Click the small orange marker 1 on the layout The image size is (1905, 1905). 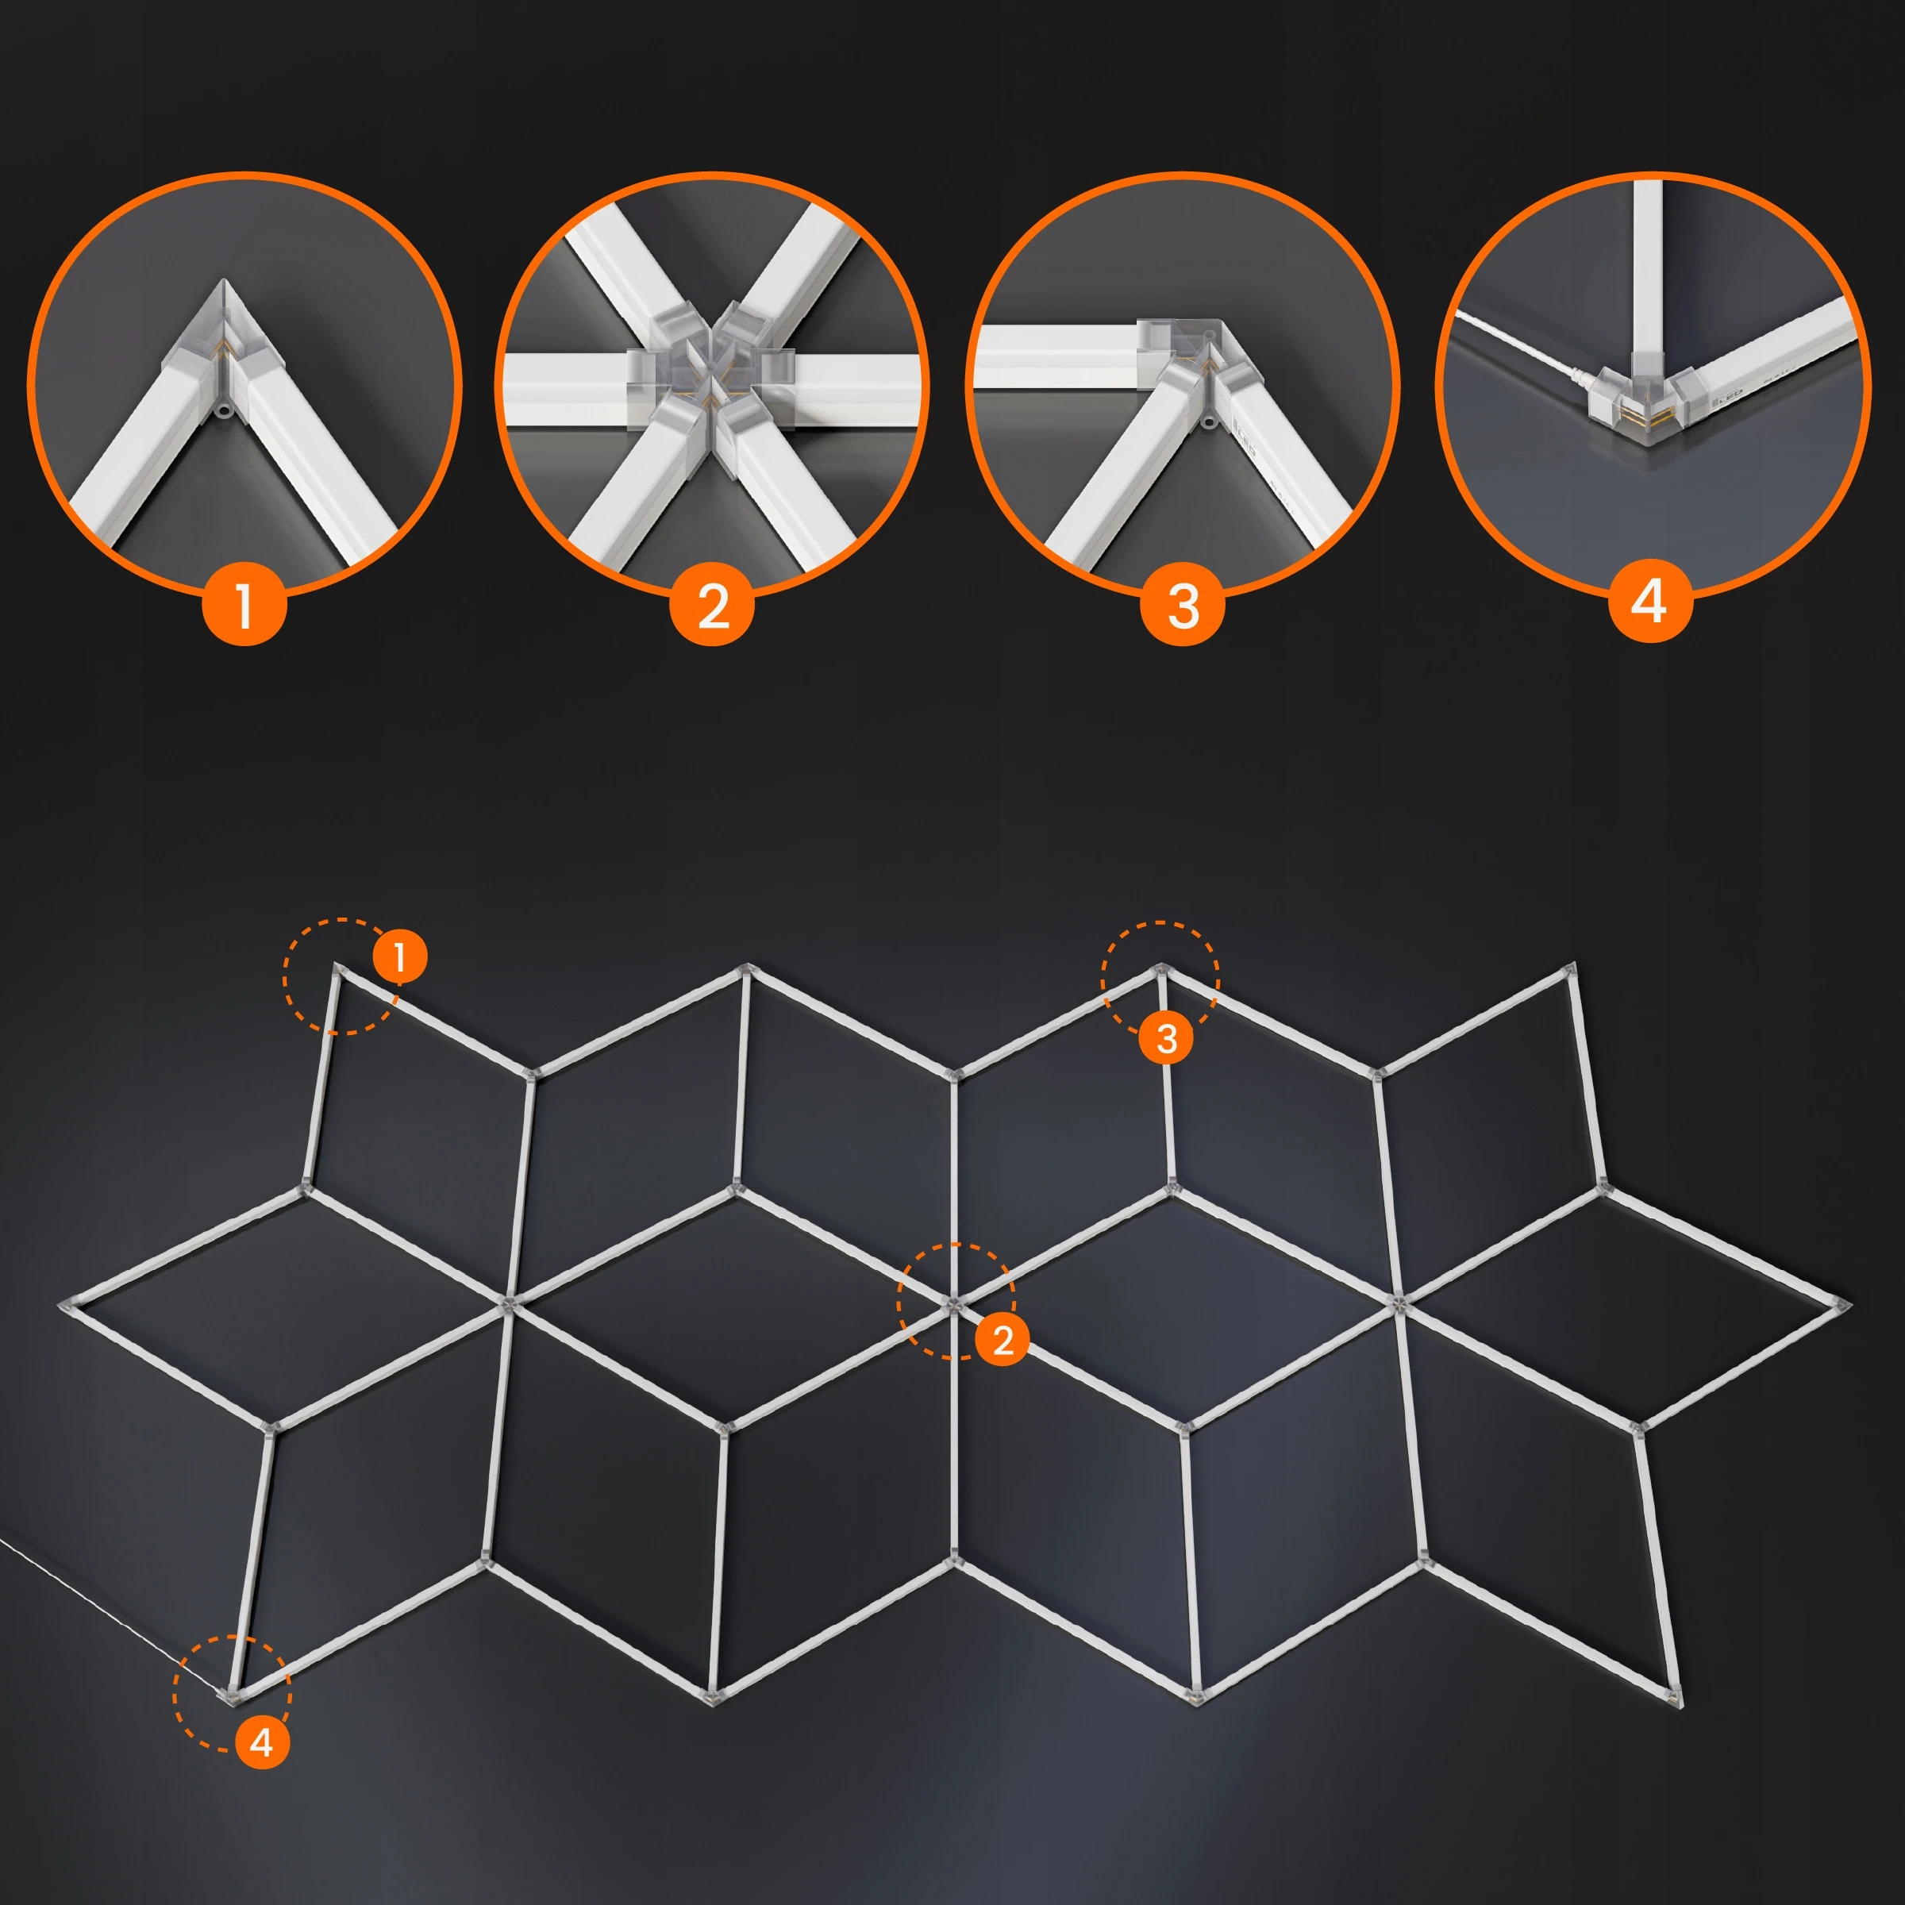pos(399,956)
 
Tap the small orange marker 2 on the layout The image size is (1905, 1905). pos(1003,1339)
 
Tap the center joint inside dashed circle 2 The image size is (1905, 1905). pos(953,1304)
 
